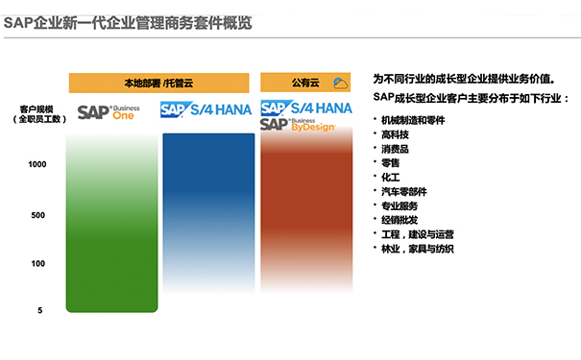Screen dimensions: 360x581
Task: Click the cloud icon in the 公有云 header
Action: coord(339,84)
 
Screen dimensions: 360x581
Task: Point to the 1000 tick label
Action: coord(37,165)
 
